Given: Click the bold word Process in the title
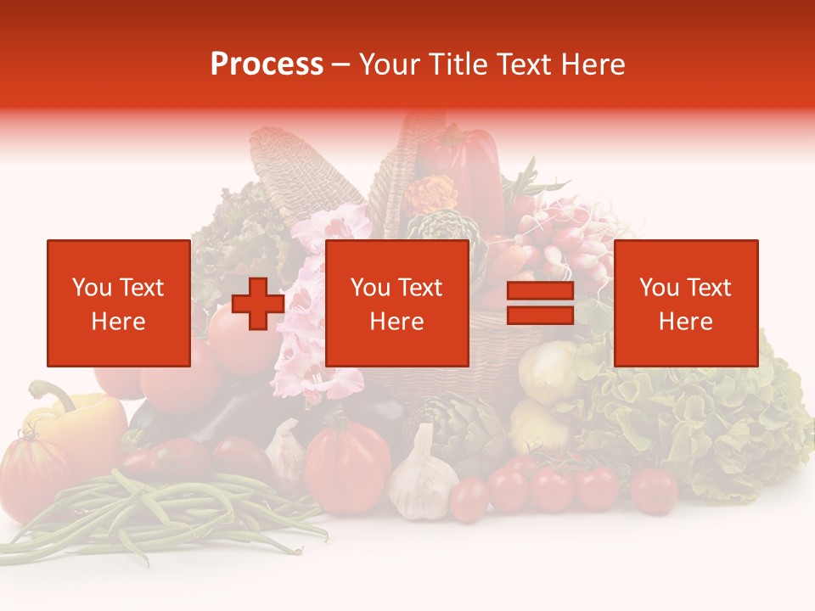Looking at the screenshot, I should [x=267, y=64].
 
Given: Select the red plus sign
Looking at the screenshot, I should [x=258, y=304].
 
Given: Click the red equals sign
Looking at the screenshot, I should [x=540, y=303].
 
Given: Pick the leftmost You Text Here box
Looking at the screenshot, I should [x=119, y=303].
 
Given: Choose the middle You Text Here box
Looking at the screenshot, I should [x=396, y=303].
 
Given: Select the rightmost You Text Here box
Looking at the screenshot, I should [x=685, y=303].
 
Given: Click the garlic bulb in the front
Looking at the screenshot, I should [x=422, y=479].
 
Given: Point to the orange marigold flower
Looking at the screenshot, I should [x=430, y=193].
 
